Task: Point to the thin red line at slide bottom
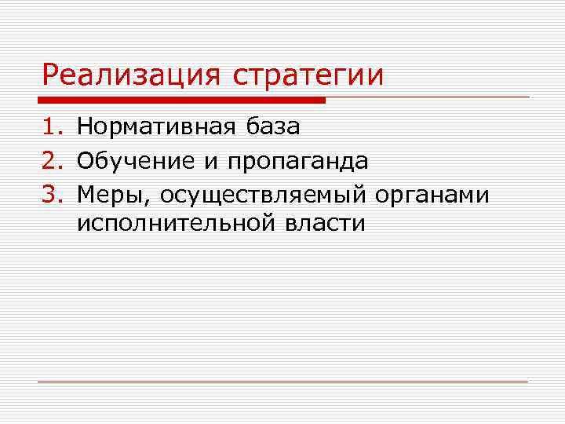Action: pos(282,382)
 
